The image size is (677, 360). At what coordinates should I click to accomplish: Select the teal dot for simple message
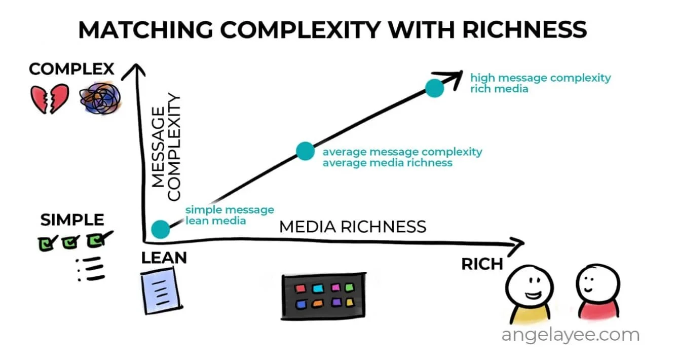(x=161, y=229)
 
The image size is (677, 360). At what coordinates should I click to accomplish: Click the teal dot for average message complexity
(x=305, y=151)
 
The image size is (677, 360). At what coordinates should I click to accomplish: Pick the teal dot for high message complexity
(x=434, y=88)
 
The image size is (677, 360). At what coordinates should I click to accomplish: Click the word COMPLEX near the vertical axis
(x=71, y=69)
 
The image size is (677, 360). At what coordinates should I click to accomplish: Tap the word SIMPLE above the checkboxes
(x=72, y=220)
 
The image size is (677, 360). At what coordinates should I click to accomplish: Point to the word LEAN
(x=164, y=258)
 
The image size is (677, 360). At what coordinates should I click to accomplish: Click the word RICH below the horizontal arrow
(x=482, y=264)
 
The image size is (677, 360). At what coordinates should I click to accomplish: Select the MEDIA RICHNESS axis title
(x=353, y=226)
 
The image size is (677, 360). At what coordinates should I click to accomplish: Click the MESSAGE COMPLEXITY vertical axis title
(x=166, y=147)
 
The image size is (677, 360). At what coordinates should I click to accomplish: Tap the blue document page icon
(x=160, y=290)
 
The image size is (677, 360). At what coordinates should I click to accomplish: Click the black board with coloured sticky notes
(x=323, y=297)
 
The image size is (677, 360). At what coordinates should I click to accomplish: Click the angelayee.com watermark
(x=571, y=335)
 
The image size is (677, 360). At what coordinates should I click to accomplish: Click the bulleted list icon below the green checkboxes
(x=91, y=269)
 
